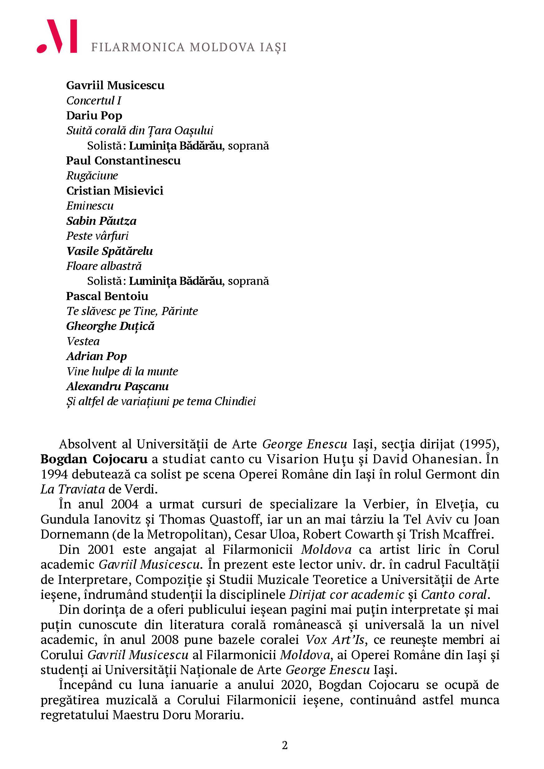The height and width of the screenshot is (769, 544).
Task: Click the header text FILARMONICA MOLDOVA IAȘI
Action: (x=189, y=47)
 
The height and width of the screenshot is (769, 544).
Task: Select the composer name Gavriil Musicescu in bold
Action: (x=115, y=86)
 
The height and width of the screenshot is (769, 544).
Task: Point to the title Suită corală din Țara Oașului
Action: (x=140, y=130)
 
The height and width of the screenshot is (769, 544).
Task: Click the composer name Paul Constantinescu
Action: (x=123, y=160)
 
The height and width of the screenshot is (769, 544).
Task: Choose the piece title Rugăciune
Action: (x=92, y=175)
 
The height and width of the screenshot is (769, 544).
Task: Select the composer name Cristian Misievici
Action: (x=115, y=191)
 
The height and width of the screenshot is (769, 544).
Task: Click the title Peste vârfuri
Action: (x=97, y=236)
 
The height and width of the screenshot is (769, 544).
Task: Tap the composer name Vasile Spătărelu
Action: (x=110, y=251)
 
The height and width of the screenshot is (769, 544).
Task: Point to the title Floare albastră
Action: (x=104, y=266)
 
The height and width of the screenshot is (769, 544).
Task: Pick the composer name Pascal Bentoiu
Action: (x=107, y=296)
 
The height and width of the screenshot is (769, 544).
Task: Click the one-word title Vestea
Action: (x=83, y=341)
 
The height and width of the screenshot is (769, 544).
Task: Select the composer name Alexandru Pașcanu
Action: (x=117, y=386)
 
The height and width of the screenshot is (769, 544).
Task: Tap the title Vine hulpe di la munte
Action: (x=122, y=371)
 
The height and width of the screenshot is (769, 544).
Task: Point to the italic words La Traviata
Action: (x=73, y=489)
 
